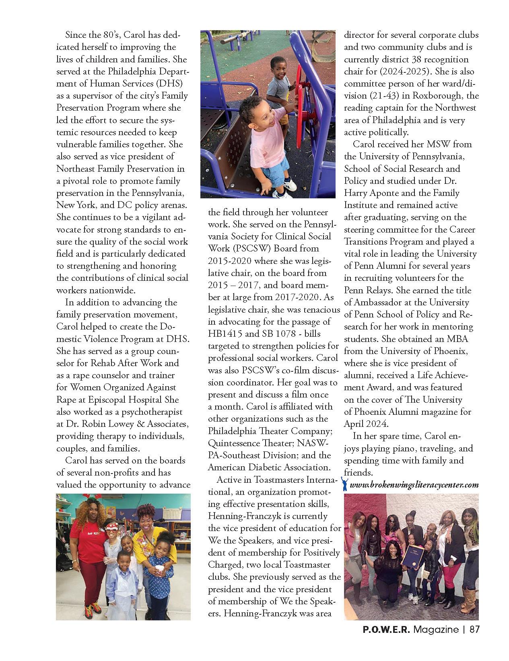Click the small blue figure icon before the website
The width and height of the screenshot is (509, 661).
[345, 484]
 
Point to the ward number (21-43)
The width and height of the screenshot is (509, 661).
[386, 96]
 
